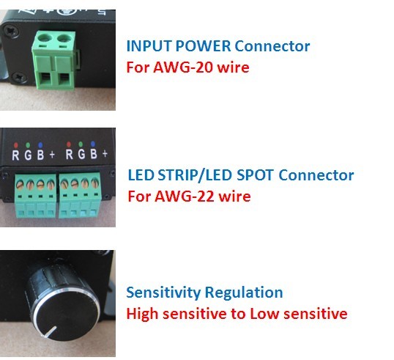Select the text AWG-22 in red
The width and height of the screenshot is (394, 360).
[x=184, y=196]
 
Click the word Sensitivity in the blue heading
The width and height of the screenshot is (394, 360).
[x=163, y=293]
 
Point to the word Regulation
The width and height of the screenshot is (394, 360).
[x=244, y=293]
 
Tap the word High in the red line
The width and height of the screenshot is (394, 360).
[x=142, y=315]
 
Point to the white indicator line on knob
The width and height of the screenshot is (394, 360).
[x=50, y=331]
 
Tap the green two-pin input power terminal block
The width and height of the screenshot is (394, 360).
[x=54, y=60]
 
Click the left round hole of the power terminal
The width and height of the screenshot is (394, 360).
[x=45, y=38]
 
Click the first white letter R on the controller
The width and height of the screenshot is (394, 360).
[x=15, y=155]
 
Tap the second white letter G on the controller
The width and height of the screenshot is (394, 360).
[x=81, y=154]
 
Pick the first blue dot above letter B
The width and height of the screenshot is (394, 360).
[x=40, y=145]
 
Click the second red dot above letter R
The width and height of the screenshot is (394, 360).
[x=69, y=144]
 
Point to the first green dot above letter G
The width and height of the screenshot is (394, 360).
[x=28, y=145]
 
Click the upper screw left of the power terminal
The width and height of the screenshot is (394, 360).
[x=11, y=32]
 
